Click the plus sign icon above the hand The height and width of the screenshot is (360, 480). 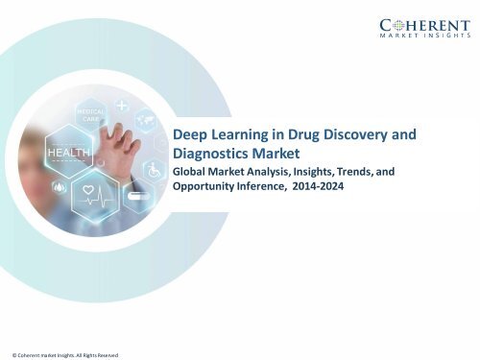123,102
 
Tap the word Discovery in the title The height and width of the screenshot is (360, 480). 358,135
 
